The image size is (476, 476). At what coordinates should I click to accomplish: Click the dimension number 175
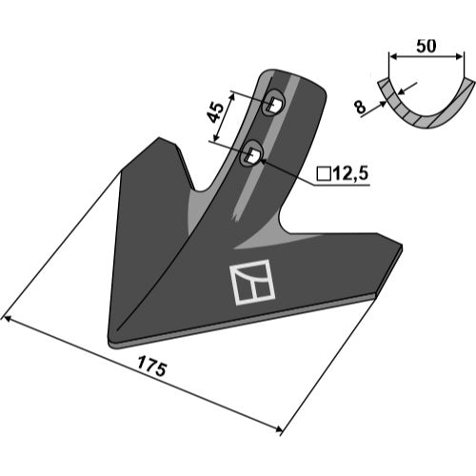151,367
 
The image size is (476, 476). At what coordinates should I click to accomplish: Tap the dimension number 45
215,113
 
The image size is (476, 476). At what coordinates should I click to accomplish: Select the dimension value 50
426,46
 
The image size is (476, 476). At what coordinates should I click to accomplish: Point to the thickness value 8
361,107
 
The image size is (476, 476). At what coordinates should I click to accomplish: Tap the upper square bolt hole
273,104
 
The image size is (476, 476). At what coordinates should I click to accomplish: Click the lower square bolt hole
252,155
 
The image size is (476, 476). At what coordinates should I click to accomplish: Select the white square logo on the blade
252,282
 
